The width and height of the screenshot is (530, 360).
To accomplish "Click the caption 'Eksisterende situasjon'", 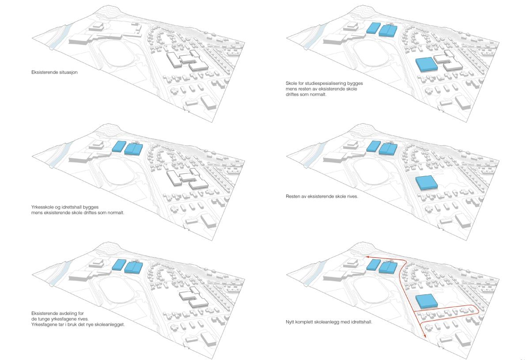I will (49, 80).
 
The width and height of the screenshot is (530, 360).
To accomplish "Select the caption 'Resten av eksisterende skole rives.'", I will (322, 197).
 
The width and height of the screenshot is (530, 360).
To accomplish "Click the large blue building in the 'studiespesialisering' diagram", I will (427, 64).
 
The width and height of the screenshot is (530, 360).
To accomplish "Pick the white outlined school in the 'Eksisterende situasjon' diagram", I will (188, 61).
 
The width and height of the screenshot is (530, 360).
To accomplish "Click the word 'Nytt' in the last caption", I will (290, 322).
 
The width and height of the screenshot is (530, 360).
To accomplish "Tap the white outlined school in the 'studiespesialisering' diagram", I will (447, 61).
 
